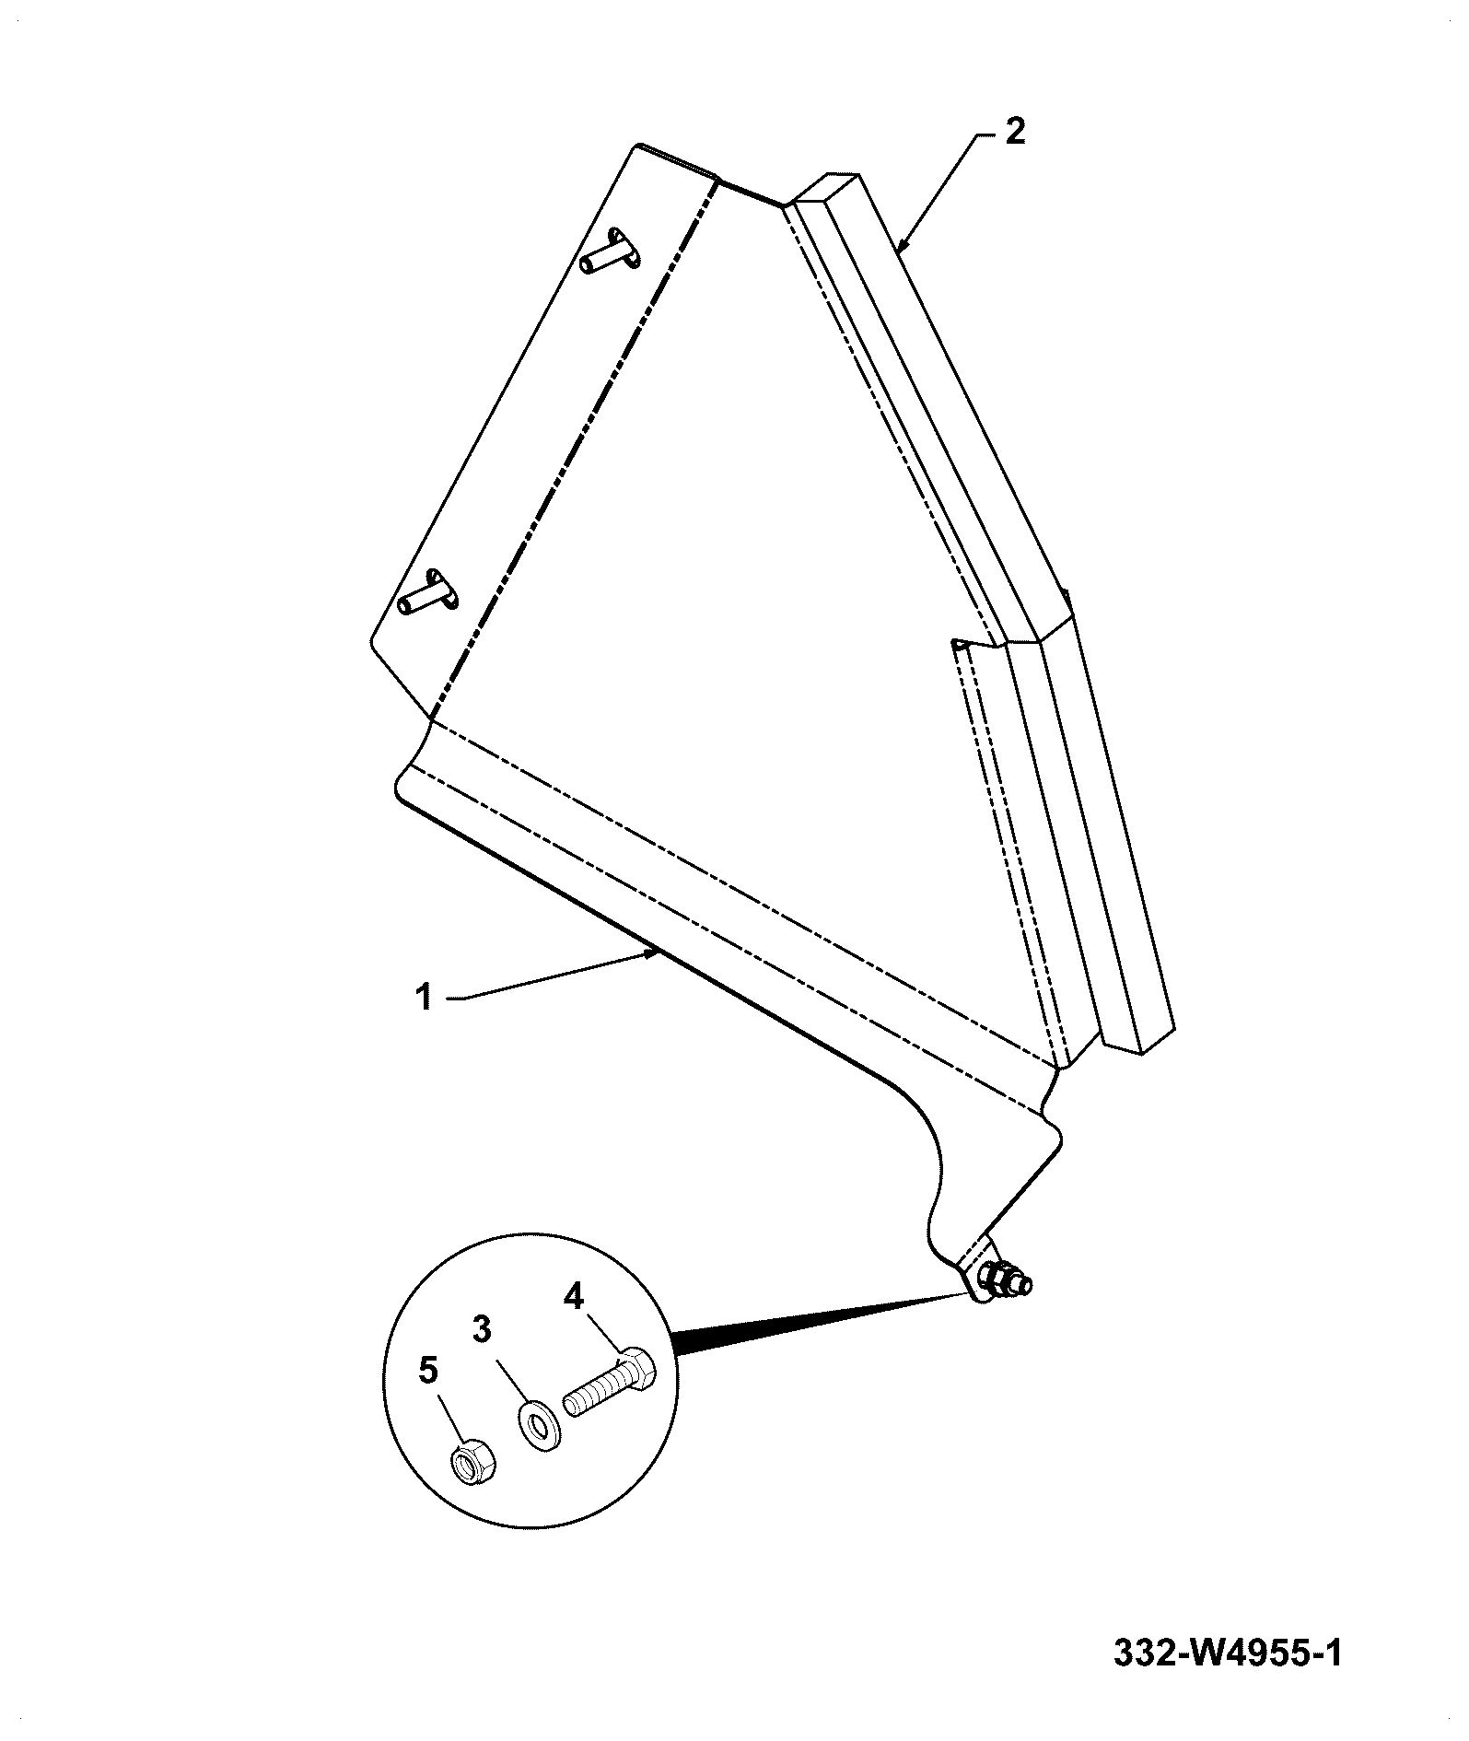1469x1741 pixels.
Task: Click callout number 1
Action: click(x=424, y=997)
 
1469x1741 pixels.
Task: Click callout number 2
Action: click(x=1013, y=131)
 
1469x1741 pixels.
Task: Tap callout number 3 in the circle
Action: click(x=483, y=1329)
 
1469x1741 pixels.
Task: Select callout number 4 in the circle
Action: click(x=573, y=1296)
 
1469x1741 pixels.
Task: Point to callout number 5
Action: click(x=428, y=1370)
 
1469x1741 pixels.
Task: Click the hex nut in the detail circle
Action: click(x=472, y=1462)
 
